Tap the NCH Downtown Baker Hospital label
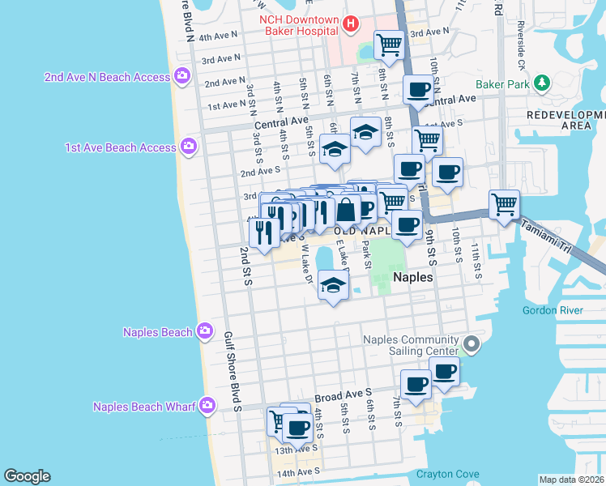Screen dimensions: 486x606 click(297, 24)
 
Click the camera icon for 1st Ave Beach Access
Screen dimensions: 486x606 click(188, 147)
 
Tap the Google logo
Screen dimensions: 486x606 click(27, 476)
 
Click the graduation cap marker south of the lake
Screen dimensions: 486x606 click(332, 283)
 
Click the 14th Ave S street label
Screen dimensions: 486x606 click(299, 472)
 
